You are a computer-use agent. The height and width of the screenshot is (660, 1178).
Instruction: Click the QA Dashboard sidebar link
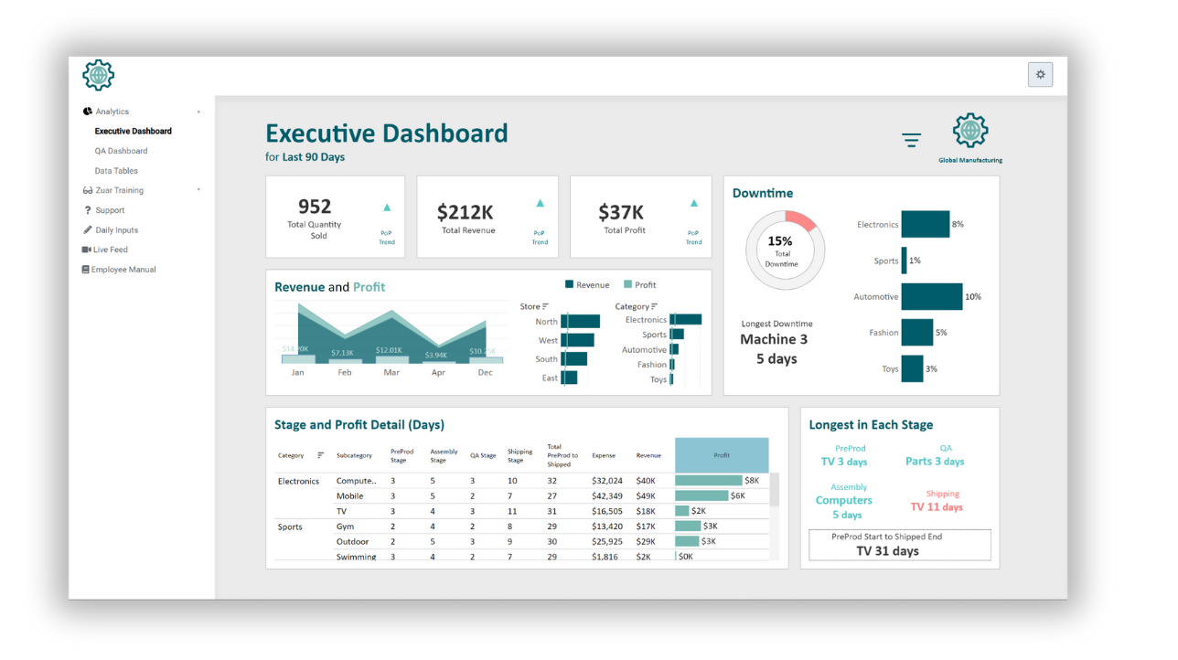121,151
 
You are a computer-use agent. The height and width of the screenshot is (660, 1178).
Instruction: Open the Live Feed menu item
110,250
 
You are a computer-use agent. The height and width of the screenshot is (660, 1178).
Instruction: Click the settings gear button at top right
1040,75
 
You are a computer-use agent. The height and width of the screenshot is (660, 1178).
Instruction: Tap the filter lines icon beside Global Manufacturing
911,140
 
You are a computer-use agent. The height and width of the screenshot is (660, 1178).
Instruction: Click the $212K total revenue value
465,212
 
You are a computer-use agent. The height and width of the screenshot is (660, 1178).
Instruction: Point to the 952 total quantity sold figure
315,207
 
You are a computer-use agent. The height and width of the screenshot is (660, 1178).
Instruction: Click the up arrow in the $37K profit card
694,204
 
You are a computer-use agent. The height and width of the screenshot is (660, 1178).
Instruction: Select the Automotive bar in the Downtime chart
931,296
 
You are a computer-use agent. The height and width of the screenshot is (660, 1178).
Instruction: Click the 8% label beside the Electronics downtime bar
958,224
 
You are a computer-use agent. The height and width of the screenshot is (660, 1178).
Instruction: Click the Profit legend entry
640,285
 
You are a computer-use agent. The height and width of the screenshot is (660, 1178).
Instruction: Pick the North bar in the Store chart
580,322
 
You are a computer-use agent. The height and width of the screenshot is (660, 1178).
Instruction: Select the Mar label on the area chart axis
391,372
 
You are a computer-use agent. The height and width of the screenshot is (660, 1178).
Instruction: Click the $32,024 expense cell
606,481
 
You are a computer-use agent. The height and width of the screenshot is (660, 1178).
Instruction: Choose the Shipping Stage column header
519,455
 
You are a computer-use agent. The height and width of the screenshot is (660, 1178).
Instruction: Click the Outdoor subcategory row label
351,541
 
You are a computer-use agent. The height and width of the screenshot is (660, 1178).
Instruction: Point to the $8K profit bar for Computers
709,480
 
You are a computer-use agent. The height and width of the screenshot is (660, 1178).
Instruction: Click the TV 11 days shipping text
937,507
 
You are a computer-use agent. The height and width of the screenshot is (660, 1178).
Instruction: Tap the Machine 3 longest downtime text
774,339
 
